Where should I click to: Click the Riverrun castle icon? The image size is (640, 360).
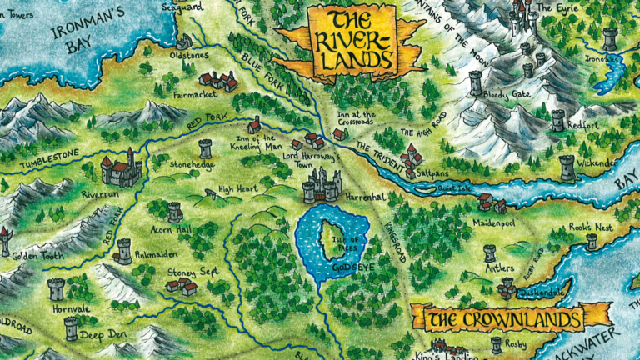tap(118, 170)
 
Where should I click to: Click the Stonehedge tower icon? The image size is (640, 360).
tap(205, 148)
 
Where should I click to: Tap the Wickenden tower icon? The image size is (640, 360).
tap(567, 167)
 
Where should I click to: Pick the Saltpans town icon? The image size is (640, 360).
tap(411, 157)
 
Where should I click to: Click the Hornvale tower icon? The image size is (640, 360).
tap(56, 288)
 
